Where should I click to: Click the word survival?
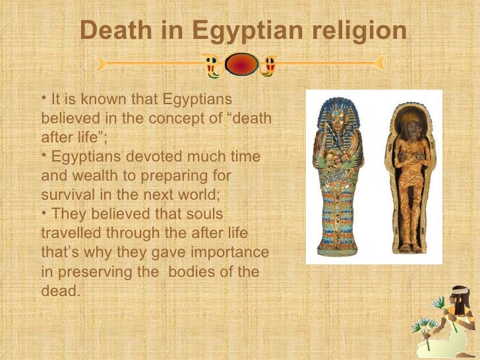coord(65,196)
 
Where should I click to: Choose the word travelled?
coord(67,233)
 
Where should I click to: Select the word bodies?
coord(196,272)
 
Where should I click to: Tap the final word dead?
coord(59,291)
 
